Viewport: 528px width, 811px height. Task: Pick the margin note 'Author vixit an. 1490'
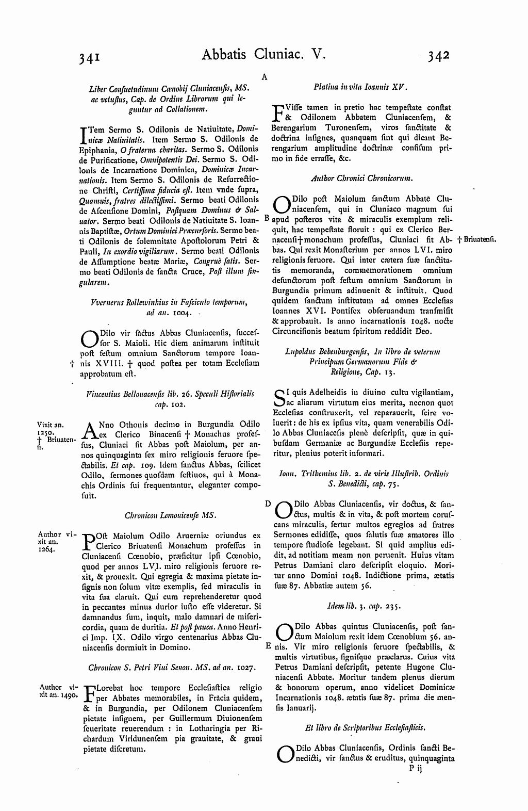57,691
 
